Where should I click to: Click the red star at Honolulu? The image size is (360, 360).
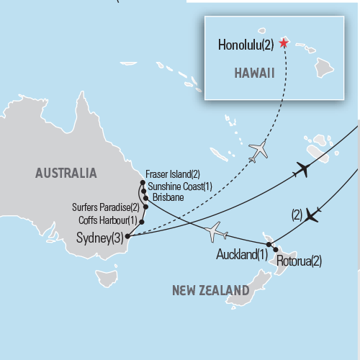tap(283, 43)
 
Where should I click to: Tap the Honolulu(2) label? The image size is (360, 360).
tap(245, 45)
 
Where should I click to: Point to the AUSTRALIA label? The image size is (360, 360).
tap(65, 173)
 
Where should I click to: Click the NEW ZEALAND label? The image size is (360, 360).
tap(210, 290)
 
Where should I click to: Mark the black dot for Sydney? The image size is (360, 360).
tap(127, 235)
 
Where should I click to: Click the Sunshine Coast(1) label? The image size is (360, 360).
tap(179, 186)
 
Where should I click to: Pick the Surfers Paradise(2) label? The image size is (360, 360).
tap(107, 208)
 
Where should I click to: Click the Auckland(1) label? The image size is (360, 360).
tap(241, 254)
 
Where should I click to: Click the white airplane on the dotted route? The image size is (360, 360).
tap(258, 150)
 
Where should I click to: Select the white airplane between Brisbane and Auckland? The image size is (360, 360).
tap(215, 232)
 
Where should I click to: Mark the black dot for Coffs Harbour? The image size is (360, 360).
tap(141, 220)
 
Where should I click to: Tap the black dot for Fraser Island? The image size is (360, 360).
tap(143, 174)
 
